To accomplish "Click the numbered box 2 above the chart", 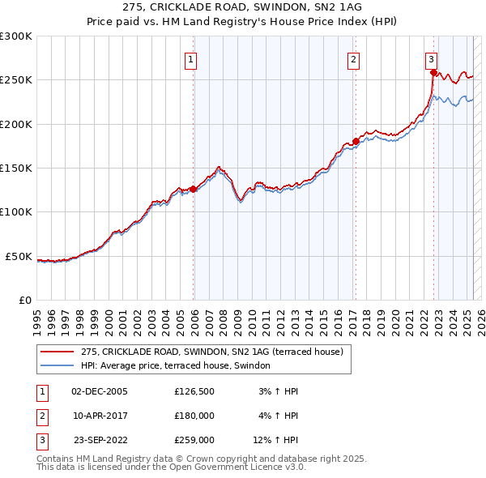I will [x=354, y=59].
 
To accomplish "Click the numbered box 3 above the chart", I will [x=432, y=59].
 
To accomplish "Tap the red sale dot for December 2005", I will [x=194, y=189].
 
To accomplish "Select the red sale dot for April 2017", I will [x=356, y=142].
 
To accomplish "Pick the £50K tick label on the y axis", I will [x=19, y=256].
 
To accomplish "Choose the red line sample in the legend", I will [x=57, y=352].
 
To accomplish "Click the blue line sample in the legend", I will [x=57, y=365].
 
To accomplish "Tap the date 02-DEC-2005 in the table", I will [x=100, y=391].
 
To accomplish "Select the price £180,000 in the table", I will [x=194, y=416].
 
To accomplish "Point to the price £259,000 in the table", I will [x=194, y=440].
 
